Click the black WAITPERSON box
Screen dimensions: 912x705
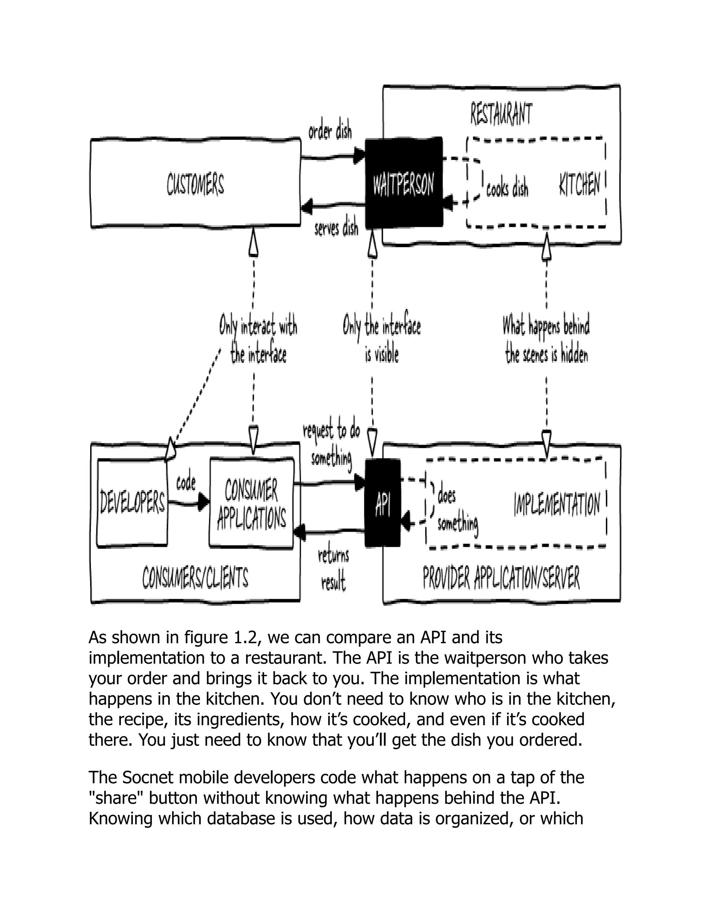403,184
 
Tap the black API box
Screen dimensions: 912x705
382,503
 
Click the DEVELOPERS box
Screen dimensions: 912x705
132,503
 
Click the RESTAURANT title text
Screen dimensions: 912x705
501,114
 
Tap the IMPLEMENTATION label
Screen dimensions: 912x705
557,504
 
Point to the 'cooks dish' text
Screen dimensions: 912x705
507,188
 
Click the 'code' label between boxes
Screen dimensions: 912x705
186,483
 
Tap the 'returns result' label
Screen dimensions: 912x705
333,569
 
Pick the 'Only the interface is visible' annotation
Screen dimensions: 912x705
382,340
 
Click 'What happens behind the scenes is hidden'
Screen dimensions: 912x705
546,340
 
